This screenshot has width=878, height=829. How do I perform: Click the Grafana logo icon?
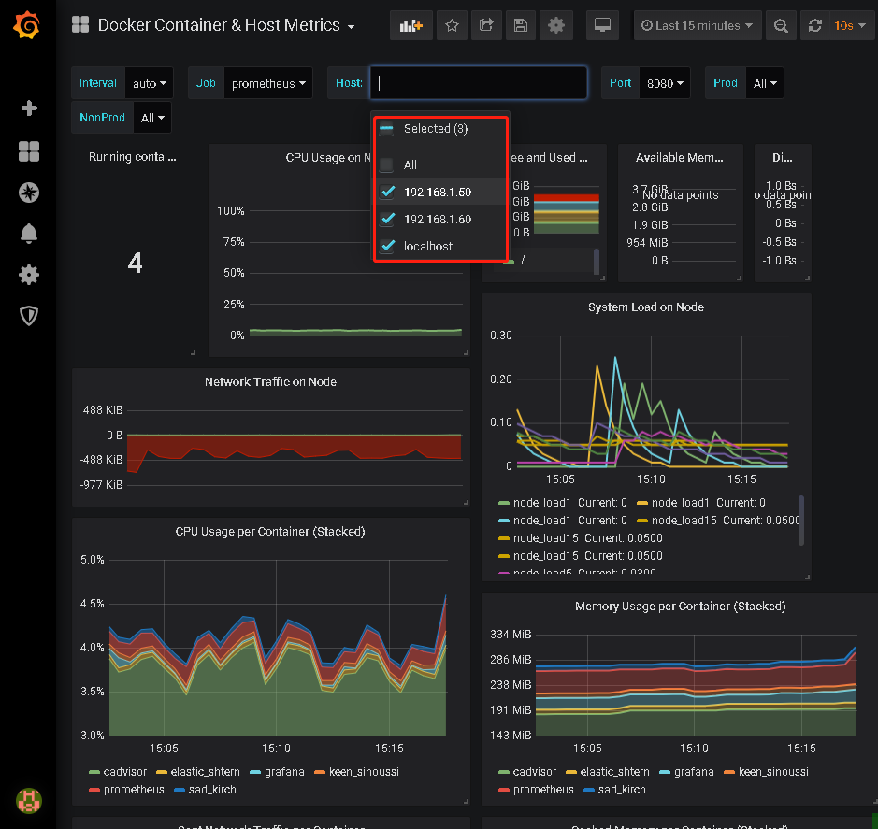coord(28,27)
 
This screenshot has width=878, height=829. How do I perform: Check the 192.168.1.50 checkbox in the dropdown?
coord(388,193)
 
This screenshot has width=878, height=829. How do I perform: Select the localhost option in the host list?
coord(428,246)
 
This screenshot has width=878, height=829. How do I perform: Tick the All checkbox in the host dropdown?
coord(387,165)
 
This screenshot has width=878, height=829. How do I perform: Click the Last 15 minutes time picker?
coord(697,26)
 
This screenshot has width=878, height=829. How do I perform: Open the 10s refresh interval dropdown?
coord(842,26)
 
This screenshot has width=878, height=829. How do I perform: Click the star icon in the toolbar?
coord(452,26)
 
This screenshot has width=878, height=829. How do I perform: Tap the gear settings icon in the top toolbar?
coord(555,26)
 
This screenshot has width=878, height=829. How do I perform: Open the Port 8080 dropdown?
coord(665,83)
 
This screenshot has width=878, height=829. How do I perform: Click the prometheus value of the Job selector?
coord(269,83)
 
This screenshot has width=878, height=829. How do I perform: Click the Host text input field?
coord(479,83)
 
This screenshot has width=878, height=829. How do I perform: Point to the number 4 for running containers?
coord(135,264)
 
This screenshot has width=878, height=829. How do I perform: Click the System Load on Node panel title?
coord(646,307)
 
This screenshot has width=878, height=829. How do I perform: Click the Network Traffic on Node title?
coord(270,382)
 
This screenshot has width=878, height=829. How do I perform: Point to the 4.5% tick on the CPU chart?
coord(93,604)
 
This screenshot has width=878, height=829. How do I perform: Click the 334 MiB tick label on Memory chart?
coord(511,636)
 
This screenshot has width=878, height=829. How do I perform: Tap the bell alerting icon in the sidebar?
coord(29,234)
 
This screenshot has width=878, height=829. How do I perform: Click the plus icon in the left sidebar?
coord(29,108)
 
